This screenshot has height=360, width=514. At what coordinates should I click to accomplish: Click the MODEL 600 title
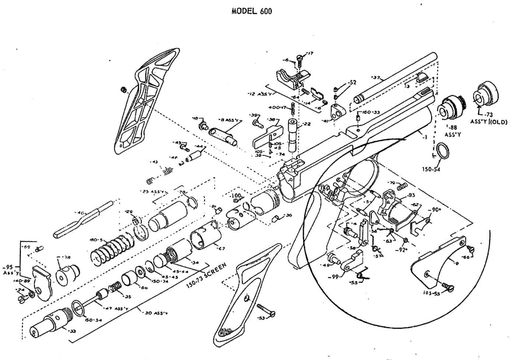252,11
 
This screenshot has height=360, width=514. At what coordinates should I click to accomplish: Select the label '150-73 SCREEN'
206,276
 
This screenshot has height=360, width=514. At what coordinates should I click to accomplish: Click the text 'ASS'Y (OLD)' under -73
489,122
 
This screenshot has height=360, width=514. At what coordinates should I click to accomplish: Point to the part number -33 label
72,331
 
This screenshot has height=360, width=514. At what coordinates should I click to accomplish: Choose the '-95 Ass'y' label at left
8,270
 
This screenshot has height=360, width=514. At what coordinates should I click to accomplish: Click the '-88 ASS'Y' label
450,131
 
